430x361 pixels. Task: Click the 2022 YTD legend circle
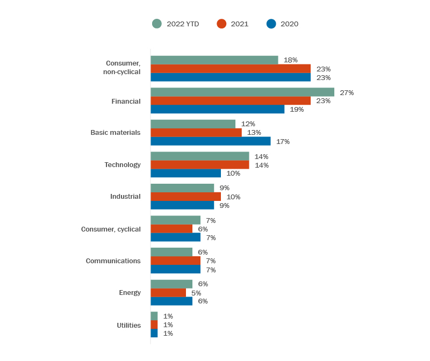point(157,24)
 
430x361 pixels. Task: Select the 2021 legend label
point(239,24)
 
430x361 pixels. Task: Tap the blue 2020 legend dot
point(271,24)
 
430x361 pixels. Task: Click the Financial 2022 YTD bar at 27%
point(242,92)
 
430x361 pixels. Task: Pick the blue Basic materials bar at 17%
point(210,141)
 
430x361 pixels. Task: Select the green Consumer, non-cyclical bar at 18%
point(214,60)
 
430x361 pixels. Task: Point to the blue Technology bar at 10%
point(185,173)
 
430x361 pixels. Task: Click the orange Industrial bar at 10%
point(185,197)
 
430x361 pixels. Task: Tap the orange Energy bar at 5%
point(168,293)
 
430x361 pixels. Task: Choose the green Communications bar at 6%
point(171,252)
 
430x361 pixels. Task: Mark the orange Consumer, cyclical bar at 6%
point(171,229)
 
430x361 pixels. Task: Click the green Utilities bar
point(154,316)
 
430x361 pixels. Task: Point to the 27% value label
point(346,92)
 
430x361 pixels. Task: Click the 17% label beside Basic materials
point(283,141)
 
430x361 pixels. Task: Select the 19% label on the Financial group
point(297,109)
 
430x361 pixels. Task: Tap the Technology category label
point(122,165)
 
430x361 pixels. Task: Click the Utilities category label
point(128,325)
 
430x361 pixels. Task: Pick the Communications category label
point(113,261)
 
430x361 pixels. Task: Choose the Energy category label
point(130,293)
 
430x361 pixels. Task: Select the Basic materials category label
point(115,133)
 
